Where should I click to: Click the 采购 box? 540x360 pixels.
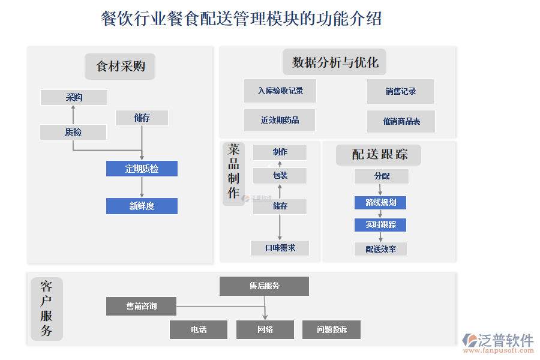tap(74, 97)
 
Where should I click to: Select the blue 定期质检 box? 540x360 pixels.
tap(142, 169)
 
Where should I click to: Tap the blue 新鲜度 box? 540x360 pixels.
tap(142, 206)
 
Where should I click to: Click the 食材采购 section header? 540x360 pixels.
tap(120, 67)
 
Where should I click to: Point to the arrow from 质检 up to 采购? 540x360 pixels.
tap(73, 115)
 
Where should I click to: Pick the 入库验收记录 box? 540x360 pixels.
tap(280, 91)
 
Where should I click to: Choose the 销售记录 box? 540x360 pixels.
tap(400, 91)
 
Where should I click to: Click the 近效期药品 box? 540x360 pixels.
tap(280, 120)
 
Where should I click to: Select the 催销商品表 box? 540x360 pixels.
tap(401, 121)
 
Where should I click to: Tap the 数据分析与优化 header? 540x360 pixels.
tap(335, 62)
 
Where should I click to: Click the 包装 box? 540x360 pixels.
tap(280, 176)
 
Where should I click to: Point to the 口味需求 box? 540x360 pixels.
tap(280, 248)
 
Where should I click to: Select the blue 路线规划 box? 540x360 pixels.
tap(380, 202)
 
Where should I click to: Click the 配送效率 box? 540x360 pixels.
tap(380, 249)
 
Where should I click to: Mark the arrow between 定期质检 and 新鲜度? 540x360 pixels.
tap(142, 187)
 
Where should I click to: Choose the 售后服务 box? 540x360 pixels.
tap(264, 286)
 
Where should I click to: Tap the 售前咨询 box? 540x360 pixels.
tap(142, 306)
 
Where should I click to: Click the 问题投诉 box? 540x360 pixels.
tap(331, 329)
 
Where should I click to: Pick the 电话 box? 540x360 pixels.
tap(199, 329)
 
